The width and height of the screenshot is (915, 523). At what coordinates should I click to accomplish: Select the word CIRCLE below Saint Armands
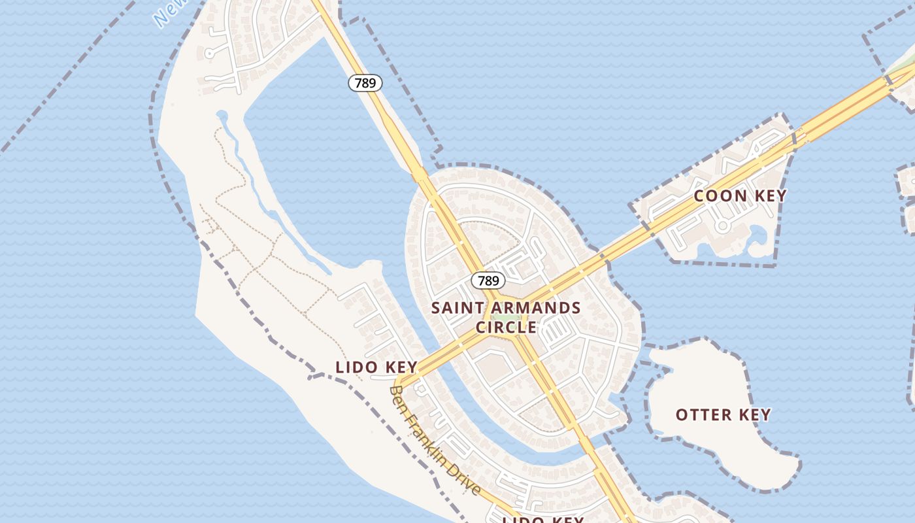pos(507,327)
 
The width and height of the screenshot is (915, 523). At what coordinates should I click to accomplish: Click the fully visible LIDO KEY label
pos(376,367)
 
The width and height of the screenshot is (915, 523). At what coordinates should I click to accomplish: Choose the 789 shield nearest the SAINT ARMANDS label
pos(488,280)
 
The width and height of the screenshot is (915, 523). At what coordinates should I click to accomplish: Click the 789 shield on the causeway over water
pos(365,83)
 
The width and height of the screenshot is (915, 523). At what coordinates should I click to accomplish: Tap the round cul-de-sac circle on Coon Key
pos(722,226)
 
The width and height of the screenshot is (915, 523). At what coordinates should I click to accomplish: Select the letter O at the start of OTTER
pos(681,414)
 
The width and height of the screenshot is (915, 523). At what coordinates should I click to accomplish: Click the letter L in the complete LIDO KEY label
pos(340,367)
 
